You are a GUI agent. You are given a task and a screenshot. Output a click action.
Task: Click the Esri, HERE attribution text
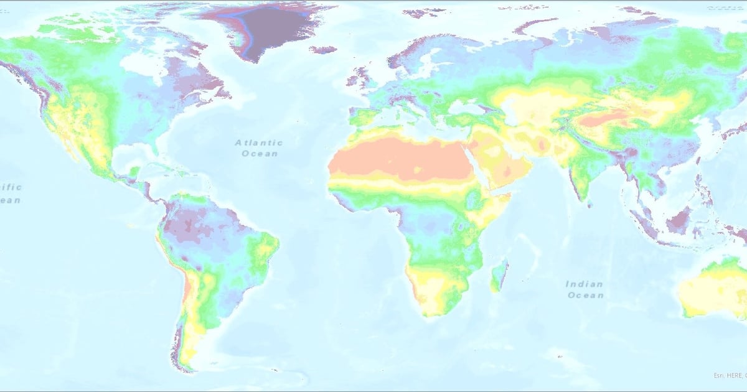pyautogui.click(x=730, y=375)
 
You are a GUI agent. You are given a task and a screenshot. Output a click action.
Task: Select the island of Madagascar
pyautogui.click(x=499, y=277)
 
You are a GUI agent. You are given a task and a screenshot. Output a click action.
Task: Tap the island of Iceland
pyautogui.click(x=322, y=50)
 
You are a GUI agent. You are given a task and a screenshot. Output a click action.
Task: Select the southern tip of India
pyautogui.click(x=585, y=198)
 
